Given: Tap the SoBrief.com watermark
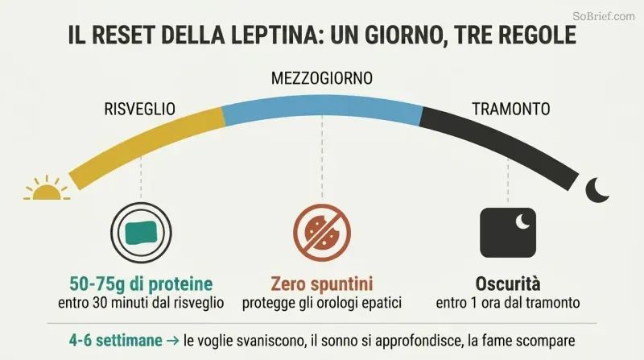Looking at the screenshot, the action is pyautogui.click(x=603, y=16).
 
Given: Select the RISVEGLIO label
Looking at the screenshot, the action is pyautogui.click(x=139, y=109).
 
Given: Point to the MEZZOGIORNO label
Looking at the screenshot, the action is pyautogui.click(x=321, y=78).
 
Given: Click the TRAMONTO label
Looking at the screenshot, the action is pyautogui.click(x=511, y=109).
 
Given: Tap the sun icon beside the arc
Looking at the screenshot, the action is pyautogui.click(x=47, y=188).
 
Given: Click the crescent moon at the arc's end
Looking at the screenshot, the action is pyautogui.click(x=597, y=190).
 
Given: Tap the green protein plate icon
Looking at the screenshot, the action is pyautogui.click(x=141, y=233).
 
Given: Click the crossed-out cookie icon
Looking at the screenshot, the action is pyautogui.click(x=322, y=233).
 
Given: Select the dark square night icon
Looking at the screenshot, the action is pyautogui.click(x=508, y=233).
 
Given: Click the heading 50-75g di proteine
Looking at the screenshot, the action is pyautogui.click(x=141, y=284).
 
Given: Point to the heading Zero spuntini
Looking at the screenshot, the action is pyautogui.click(x=322, y=284).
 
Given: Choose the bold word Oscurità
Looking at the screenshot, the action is pyautogui.click(x=508, y=284).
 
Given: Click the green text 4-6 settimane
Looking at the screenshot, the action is pyautogui.click(x=115, y=341).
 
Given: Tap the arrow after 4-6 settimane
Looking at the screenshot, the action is pyautogui.click(x=173, y=341).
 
